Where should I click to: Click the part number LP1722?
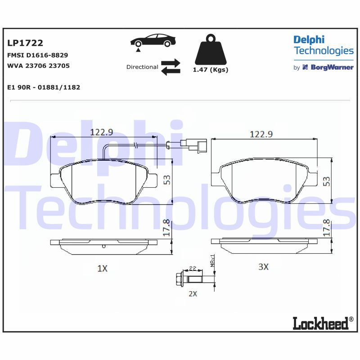pos(25,43)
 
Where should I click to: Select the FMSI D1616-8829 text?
pos(38,55)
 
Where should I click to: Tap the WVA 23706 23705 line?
pos(39,66)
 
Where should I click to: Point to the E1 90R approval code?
pos(44,87)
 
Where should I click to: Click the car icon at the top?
pos(153,40)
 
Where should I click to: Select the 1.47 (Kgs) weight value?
pos(210,70)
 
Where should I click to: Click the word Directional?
pos(142,67)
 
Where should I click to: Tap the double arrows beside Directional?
pos(171,67)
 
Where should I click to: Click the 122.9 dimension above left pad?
pos(102,132)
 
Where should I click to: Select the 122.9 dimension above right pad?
pos(261,134)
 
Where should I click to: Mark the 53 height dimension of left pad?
pos(167,180)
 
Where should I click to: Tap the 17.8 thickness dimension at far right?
pos(326,228)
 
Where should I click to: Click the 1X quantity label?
pos(103,269)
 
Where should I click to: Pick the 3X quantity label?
pos(263,267)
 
